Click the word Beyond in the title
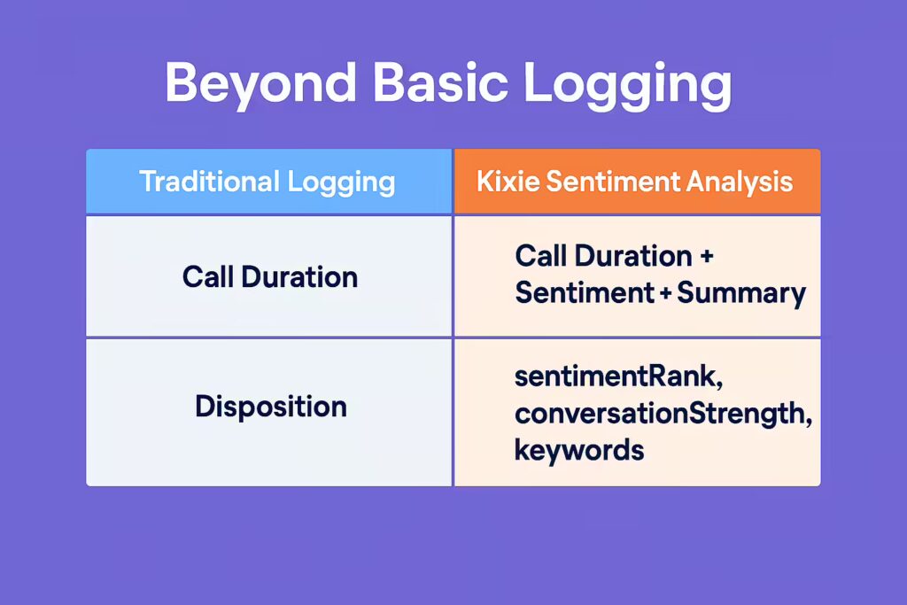[x=260, y=84]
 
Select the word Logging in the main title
[x=628, y=84]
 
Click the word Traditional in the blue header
[x=209, y=181]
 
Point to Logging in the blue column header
[x=341, y=183]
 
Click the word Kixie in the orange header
[x=508, y=181]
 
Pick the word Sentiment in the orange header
[x=613, y=181]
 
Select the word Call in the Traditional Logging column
[x=207, y=276]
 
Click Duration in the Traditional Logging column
[x=299, y=276]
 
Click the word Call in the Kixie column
[x=540, y=256]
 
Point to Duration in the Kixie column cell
[x=632, y=256]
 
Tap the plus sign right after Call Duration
[x=706, y=257]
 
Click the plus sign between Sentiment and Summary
[x=665, y=293]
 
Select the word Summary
[x=741, y=294]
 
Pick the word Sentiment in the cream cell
[x=585, y=292]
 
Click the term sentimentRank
[x=618, y=376]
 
